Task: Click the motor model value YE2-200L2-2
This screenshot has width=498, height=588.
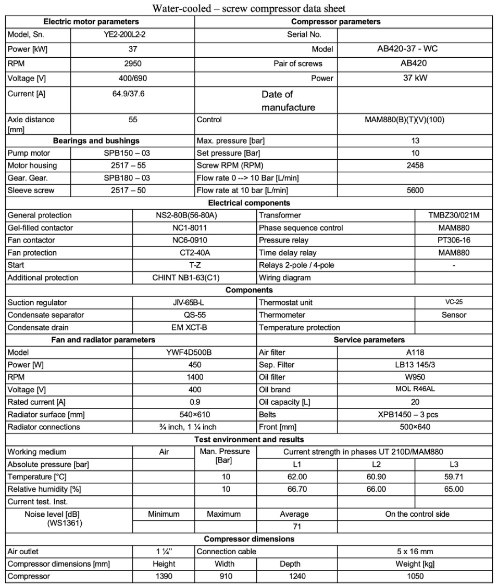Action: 132,35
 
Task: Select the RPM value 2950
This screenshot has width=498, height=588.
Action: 132,63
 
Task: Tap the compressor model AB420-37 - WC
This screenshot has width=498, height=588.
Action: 415,49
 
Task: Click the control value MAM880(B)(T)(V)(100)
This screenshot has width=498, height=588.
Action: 415,119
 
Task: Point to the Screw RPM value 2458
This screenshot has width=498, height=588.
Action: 415,165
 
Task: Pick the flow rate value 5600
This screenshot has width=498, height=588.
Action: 415,190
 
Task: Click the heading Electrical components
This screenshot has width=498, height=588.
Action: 249,203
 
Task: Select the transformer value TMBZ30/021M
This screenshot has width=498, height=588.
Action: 453,215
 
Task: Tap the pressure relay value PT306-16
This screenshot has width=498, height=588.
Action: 453,240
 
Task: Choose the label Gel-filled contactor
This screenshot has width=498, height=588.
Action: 41,228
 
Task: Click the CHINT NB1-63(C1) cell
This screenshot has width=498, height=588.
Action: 194,278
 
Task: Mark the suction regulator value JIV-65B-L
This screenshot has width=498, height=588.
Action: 194,303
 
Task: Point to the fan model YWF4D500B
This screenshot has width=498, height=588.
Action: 194,352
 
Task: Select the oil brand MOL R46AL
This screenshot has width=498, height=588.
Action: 415,389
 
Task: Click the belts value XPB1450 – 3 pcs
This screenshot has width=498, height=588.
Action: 415,415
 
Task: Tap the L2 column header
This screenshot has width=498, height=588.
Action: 376,464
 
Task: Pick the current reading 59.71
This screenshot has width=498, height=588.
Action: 453,477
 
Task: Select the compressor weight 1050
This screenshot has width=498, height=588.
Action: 415,577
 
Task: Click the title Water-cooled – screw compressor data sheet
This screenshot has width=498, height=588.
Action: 249,8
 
